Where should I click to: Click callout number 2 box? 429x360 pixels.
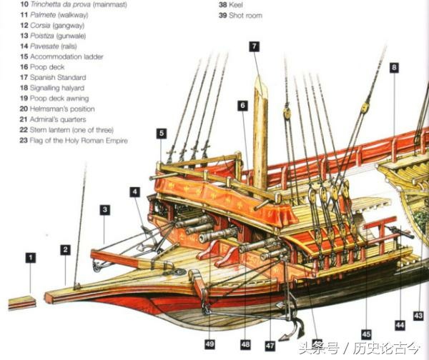(65, 250)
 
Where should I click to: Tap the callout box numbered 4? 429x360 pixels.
(134, 191)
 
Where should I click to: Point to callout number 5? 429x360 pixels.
(162, 133)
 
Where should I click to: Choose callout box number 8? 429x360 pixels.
(394, 68)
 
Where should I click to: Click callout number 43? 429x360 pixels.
(418, 315)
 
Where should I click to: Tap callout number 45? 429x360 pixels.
(366, 334)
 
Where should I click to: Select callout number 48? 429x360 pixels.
(245, 344)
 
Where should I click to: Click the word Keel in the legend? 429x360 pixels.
(239, 4)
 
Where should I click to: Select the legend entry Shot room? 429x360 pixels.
(245, 15)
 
